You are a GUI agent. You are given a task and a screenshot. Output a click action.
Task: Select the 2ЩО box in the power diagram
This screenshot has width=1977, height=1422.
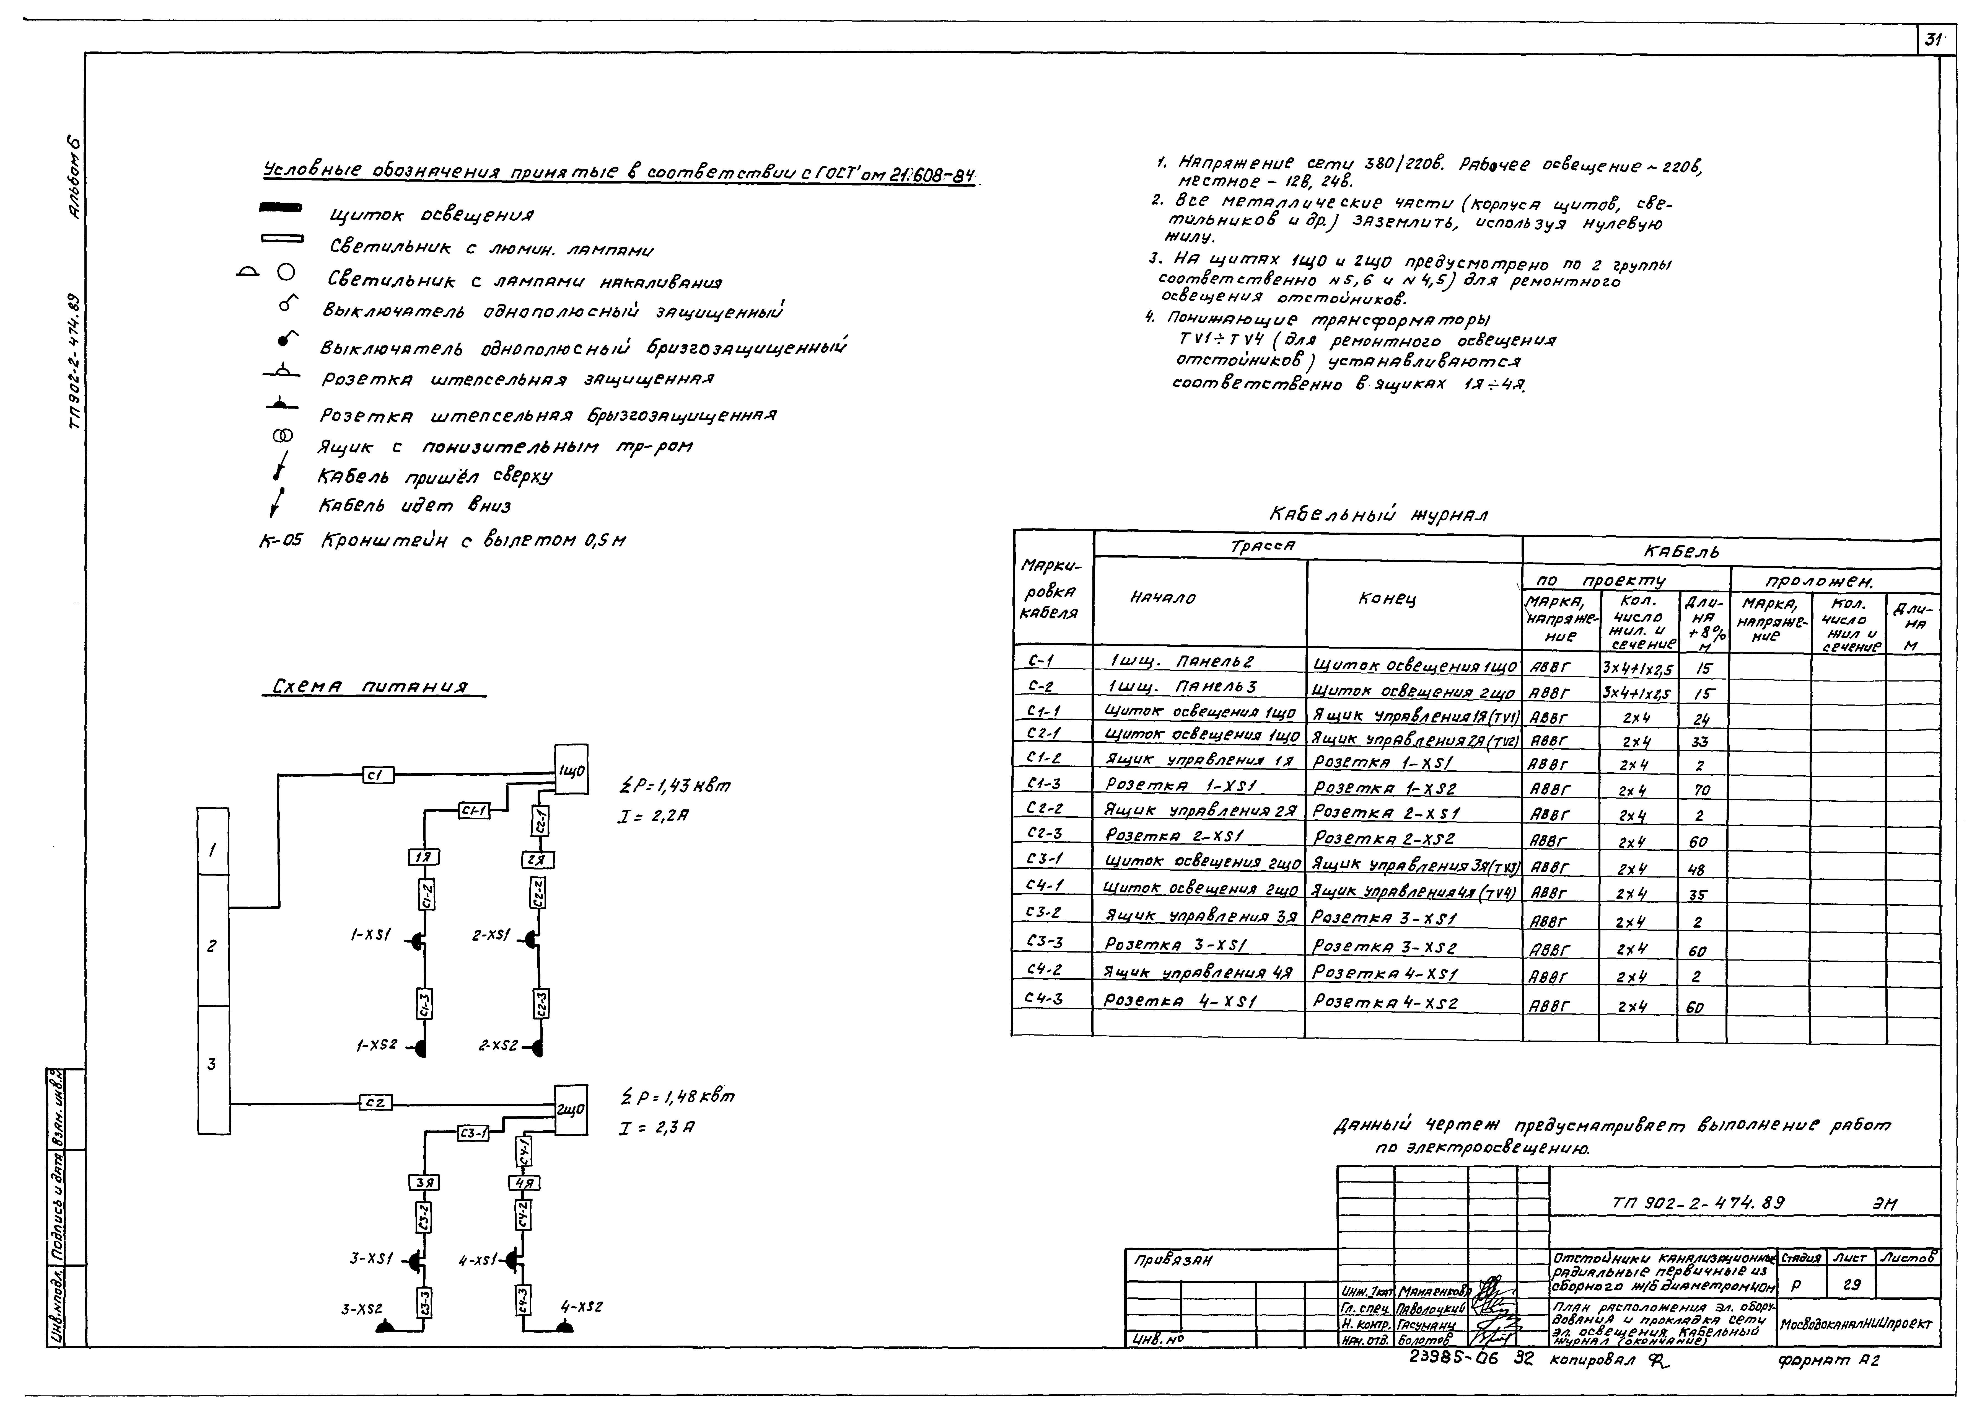point(572,1110)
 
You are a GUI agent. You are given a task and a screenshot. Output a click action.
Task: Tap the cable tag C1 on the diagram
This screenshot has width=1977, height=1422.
point(378,774)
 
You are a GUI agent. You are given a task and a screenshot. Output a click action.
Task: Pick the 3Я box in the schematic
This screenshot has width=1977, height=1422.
point(424,1183)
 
